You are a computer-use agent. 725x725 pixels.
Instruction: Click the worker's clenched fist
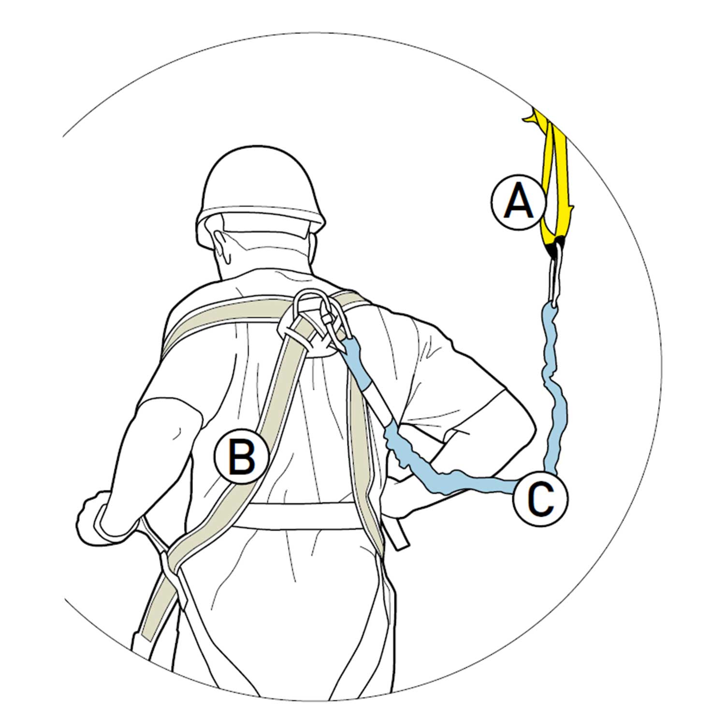[x=97, y=515]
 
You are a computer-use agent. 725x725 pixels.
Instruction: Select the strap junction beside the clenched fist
[x=167, y=561]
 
